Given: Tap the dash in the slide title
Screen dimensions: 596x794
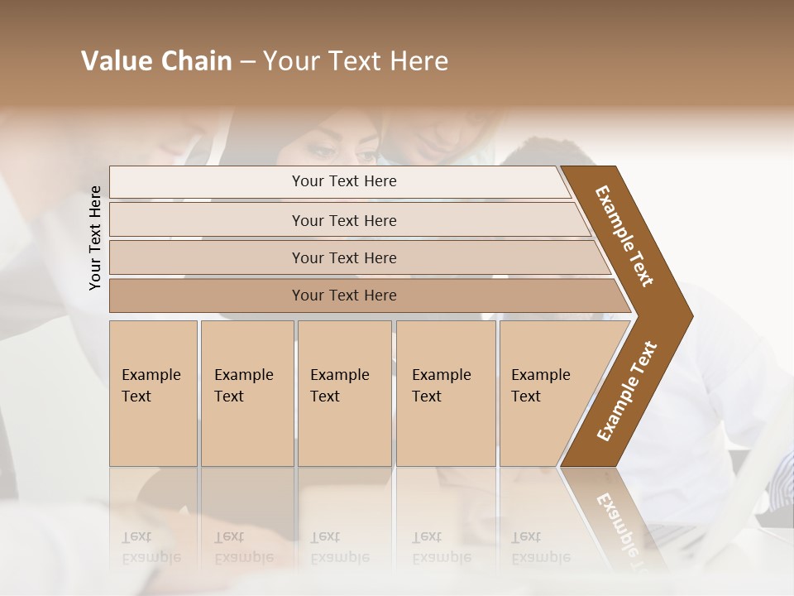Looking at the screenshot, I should [x=247, y=62].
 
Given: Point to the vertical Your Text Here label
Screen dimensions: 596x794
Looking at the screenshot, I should [x=96, y=238].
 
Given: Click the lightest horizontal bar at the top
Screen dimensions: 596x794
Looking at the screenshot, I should [x=344, y=181].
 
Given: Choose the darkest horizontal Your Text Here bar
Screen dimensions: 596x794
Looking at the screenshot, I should [x=344, y=296].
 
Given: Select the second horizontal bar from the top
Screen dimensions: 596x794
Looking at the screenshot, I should [x=344, y=220].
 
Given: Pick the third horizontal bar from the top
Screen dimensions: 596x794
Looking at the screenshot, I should [x=344, y=257].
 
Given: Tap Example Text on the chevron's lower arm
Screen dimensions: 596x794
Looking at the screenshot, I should [x=626, y=392].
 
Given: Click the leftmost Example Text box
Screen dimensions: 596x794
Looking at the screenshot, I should [x=153, y=393].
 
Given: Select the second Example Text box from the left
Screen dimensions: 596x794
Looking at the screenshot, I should [x=246, y=393].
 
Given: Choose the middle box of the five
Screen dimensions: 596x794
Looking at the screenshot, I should [x=344, y=393].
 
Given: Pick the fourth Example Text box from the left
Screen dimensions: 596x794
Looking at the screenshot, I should [x=445, y=393].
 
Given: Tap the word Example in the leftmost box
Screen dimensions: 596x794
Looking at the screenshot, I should [x=151, y=375].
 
